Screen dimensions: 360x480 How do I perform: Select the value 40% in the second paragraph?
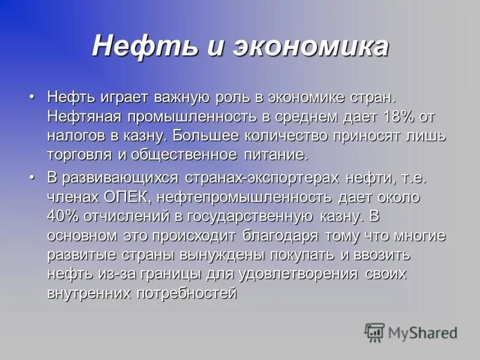click(63, 216)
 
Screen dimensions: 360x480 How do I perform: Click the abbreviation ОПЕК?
click(129, 197)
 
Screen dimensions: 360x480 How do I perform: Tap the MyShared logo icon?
click(375, 332)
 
